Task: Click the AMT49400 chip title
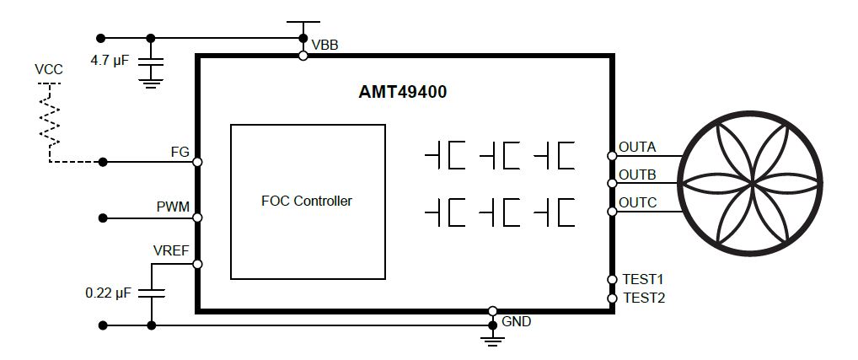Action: (x=402, y=93)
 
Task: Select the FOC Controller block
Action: (x=308, y=201)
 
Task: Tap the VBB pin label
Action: (x=324, y=45)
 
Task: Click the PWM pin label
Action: (x=173, y=207)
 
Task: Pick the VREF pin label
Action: (x=171, y=251)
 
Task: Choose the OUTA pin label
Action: (x=637, y=147)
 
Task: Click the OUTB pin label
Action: (x=637, y=175)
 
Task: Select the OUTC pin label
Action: (x=637, y=202)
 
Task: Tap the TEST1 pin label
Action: (x=644, y=279)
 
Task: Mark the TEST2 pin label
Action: (x=644, y=298)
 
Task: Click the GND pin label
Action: (x=516, y=321)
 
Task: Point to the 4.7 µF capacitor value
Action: (x=110, y=60)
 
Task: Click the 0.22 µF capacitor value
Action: (x=109, y=293)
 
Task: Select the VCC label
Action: (x=49, y=69)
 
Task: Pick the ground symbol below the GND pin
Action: (x=492, y=338)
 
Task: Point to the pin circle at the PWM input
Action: (x=197, y=218)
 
